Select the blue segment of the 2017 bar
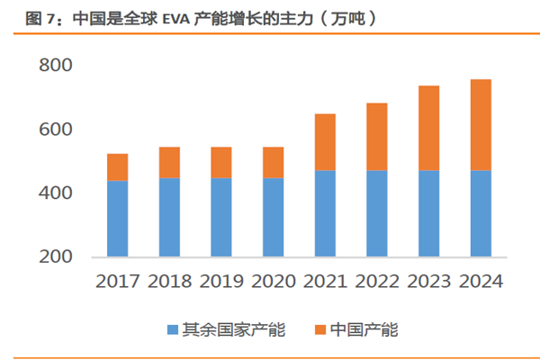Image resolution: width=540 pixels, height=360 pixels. pos(117,219)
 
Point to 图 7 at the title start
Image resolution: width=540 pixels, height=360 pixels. pos(17,17)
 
